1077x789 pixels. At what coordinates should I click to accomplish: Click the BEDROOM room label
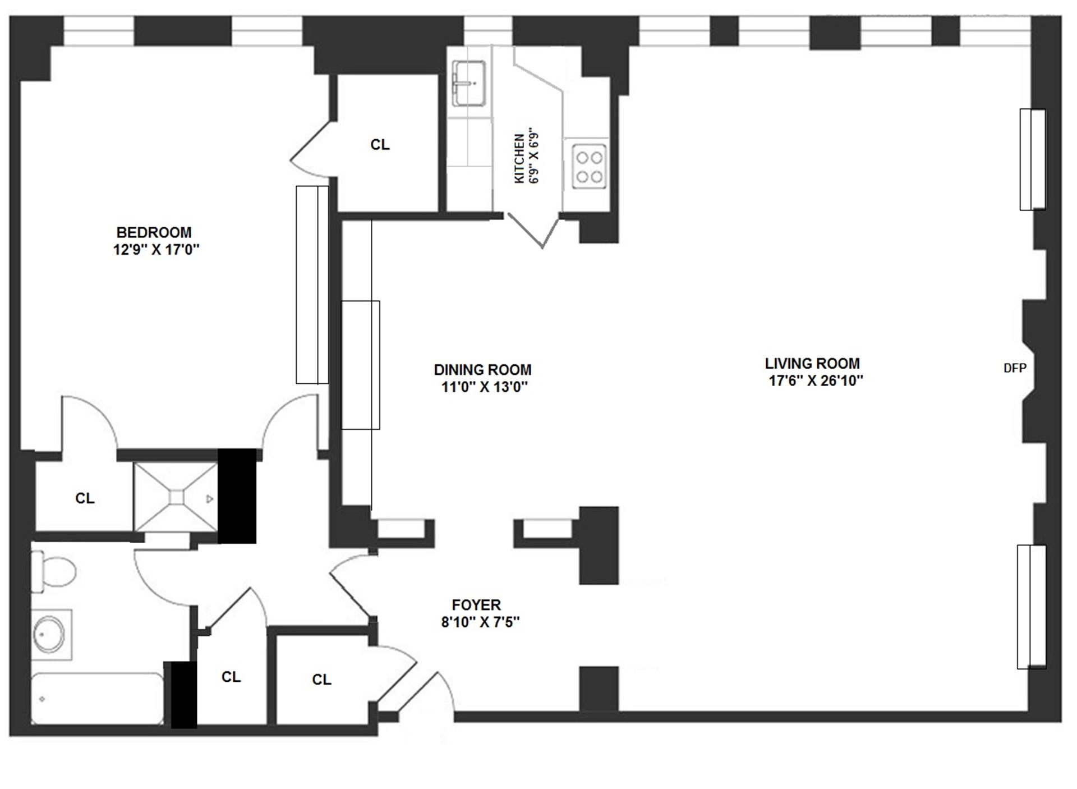[x=154, y=232]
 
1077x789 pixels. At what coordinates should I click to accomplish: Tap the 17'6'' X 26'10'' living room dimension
[x=815, y=381]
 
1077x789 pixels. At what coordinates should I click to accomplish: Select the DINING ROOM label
[x=482, y=370]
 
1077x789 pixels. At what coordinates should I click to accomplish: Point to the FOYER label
[x=476, y=605]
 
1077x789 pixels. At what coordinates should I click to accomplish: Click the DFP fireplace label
[x=1015, y=368]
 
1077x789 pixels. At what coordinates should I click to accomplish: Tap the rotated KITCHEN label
[x=519, y=158]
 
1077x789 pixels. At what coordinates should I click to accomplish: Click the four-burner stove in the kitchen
[x=589, y=166]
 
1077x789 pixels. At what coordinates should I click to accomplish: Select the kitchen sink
[x=469, y=83]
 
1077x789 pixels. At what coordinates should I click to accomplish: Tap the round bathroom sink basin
[x=49, y=635]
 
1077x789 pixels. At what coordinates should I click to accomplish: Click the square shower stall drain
[x=176, y=497]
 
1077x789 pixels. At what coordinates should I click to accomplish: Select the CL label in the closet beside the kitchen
[x=380, y=145]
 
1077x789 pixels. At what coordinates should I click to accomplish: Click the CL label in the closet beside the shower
[x=85, y=498]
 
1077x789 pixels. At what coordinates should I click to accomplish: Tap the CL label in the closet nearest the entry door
[x=321, y=680]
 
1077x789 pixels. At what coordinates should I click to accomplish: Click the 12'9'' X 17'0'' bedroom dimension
[x=157, y=250]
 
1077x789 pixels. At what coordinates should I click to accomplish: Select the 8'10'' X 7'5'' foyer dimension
[x=480, y=622]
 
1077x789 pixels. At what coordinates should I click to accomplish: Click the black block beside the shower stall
[x=237, y=496]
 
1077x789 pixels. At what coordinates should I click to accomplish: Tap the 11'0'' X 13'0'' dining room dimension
[x=485, y=387]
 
